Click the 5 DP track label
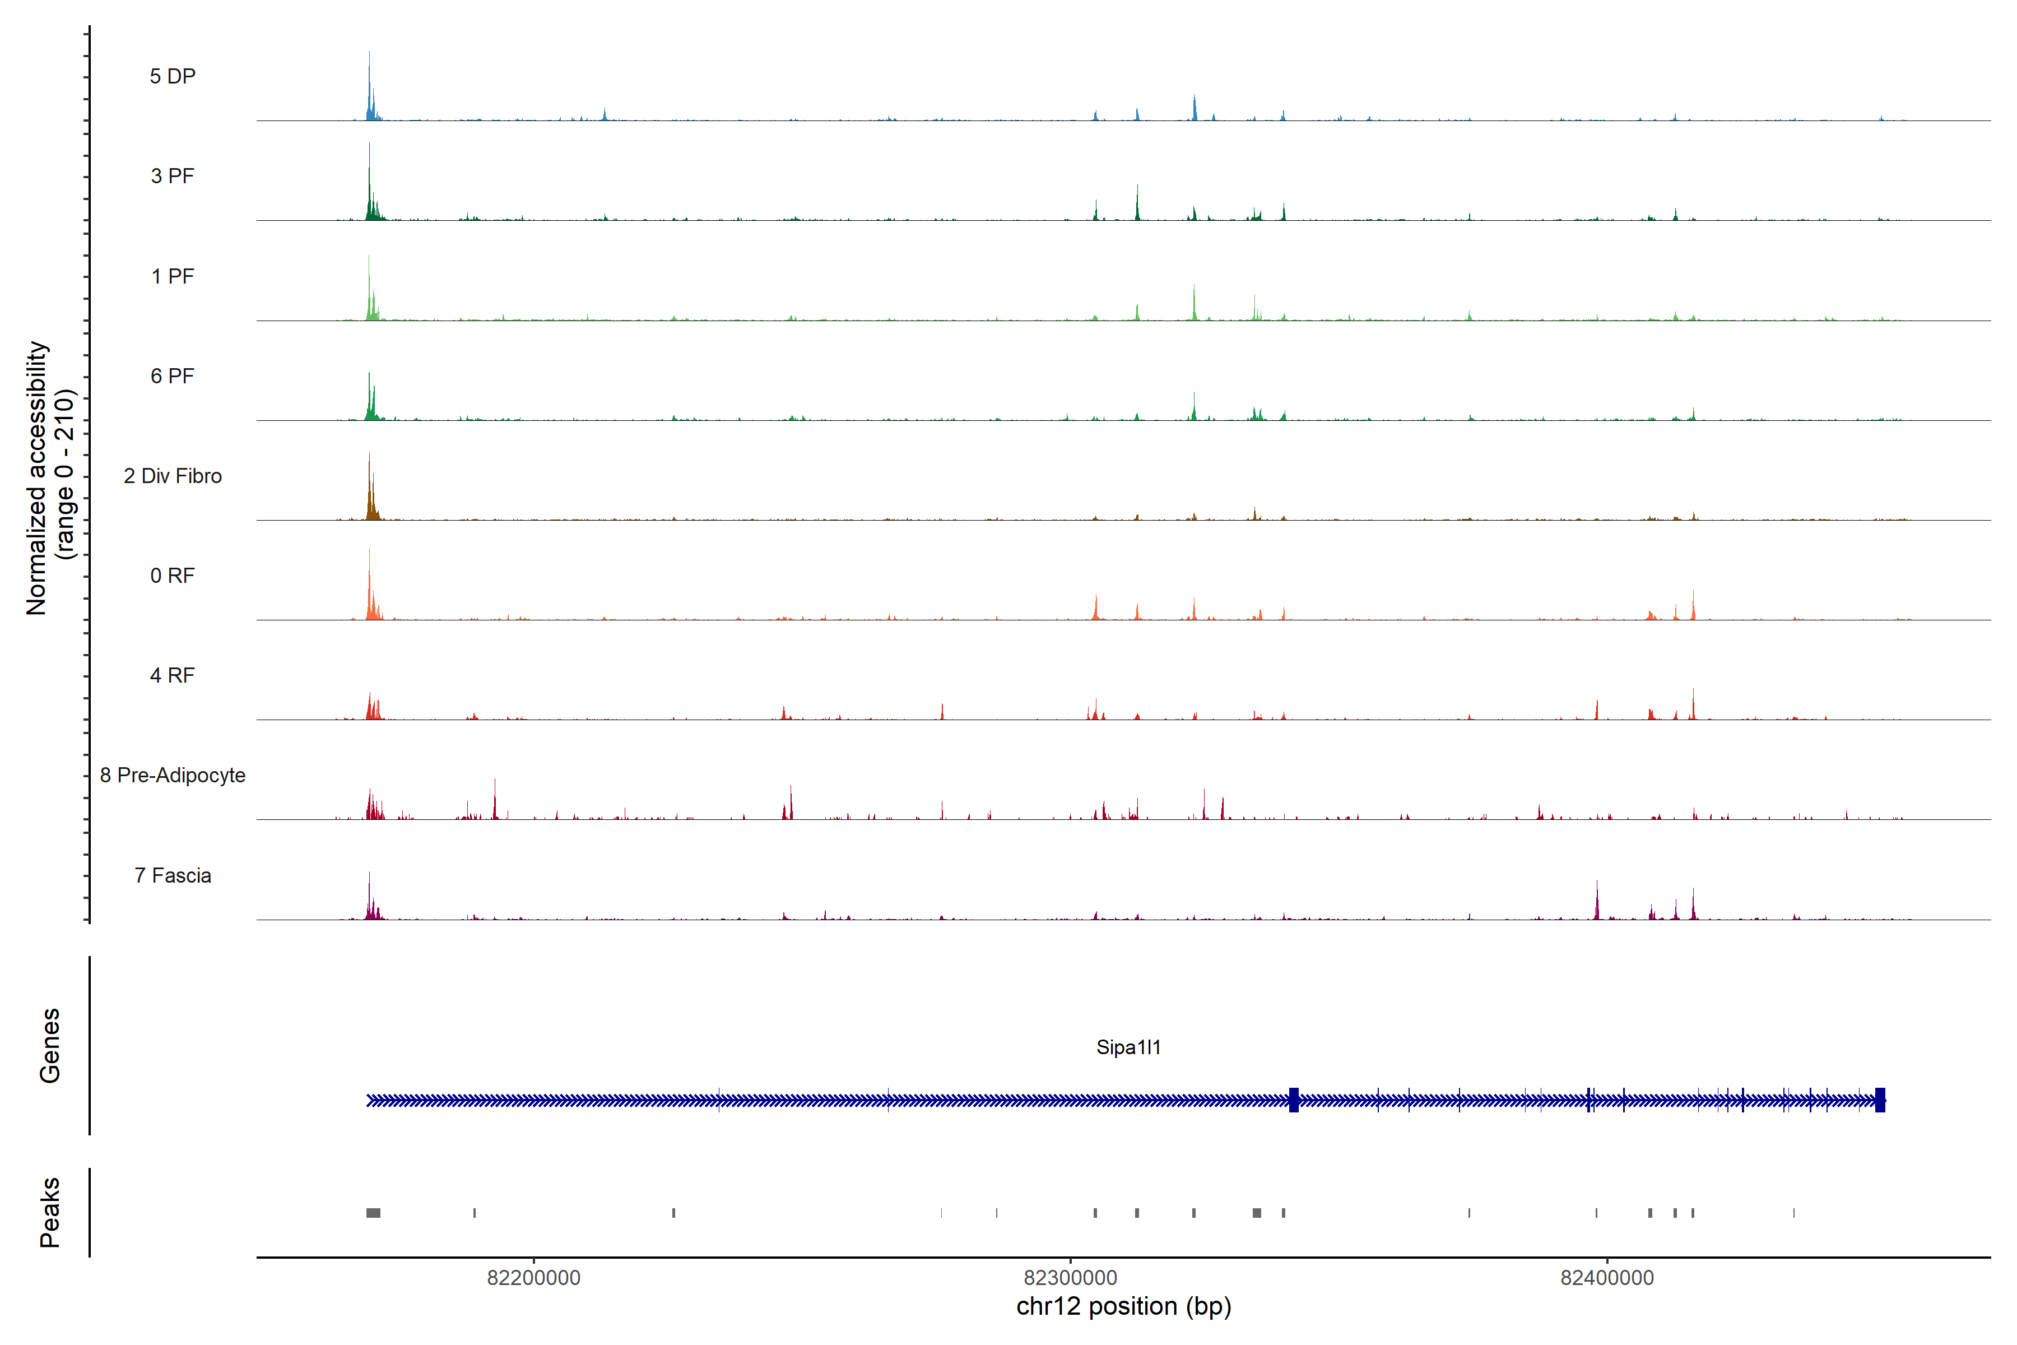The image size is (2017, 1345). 173,76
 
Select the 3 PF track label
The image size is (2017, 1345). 173,176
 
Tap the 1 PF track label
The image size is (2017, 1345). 173,276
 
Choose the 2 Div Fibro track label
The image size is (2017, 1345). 173,476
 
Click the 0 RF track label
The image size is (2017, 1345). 173,576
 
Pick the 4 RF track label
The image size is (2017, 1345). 173,675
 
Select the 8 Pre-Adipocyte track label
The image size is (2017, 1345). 173,776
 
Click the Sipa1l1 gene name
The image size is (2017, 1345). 1128,1047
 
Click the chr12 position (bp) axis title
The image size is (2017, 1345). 1123,1306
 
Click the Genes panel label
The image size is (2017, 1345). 50,1046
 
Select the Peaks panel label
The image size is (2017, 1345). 50,1212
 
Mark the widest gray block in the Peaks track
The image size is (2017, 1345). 373,1213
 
